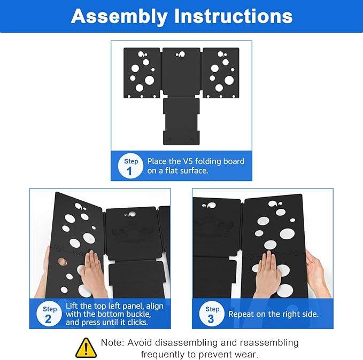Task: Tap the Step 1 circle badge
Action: (130, 166)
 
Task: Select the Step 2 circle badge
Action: (50, 315)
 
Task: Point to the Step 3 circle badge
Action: (212, 314)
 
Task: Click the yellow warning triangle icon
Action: (86, 348)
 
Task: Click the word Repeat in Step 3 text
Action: (241, 314)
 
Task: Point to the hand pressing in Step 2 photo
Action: (93, 272)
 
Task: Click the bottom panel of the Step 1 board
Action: (181, 121)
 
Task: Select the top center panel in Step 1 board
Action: (181, 72)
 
